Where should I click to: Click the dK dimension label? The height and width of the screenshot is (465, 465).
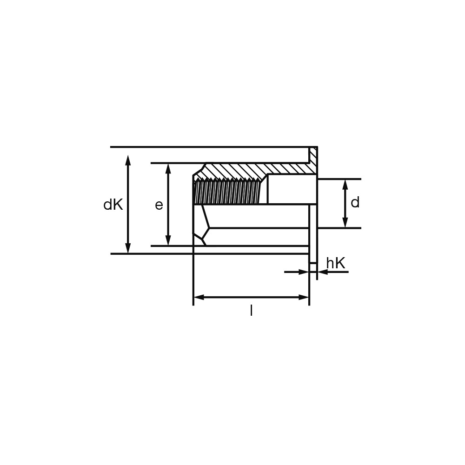coord(113,205)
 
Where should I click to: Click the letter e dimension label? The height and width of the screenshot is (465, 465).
coord(159,205)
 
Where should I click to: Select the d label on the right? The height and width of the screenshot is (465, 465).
coord(355,203)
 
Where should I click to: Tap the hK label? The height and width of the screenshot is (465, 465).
coord(336,263)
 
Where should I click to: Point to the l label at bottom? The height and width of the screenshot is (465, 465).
coord(251,311)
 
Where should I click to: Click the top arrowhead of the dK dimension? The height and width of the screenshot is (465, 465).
coord(128,160)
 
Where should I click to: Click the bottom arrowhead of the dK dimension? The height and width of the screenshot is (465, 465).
coord(128,248)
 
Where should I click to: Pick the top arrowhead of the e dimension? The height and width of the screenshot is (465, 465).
coord(168,169)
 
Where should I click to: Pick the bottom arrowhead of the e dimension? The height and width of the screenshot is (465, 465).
coord(168,240)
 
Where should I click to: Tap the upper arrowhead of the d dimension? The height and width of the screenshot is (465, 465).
coord(345,185)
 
